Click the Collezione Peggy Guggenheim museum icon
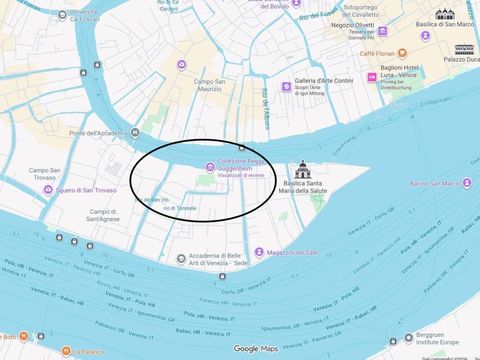pyautogui.click(x=210, y=166)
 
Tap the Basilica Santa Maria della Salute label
pyautogui.click(x=303, y=187)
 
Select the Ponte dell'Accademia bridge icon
pyautogui.click(x=135, y=133)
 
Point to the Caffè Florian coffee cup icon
pyautogui.click(x=402, y=53)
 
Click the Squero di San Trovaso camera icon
pyautogui.click(x=48, y=190)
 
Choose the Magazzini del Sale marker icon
pyautogui.click(x=259, y=252)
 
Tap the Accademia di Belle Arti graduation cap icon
pyautogui.click(x=181, y=259)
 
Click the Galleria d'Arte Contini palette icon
pyautogui.click(x=286, y=86)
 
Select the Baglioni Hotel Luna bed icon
pyautogui.click(x=372, y=77)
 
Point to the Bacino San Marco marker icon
pyautogui.click(x=467, y=183)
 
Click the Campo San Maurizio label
pyautogui.click(x=210, y=85)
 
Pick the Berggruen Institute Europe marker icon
pyautogui.click(x=409, y=337)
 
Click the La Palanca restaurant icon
pyautogui.click(x=66, y=351)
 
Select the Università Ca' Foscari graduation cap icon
pyautogui.click(x=62, y=15)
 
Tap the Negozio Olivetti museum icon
pyautogui.click(x=383, y=31)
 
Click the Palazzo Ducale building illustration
pyautogui.click(x=464, y=49)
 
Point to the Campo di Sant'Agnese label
pyautogui.click(x=103, y=215)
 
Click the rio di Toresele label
pyautogui.click(x=180, y=208)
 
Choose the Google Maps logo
pyautogui.click(x=256, y=348)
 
